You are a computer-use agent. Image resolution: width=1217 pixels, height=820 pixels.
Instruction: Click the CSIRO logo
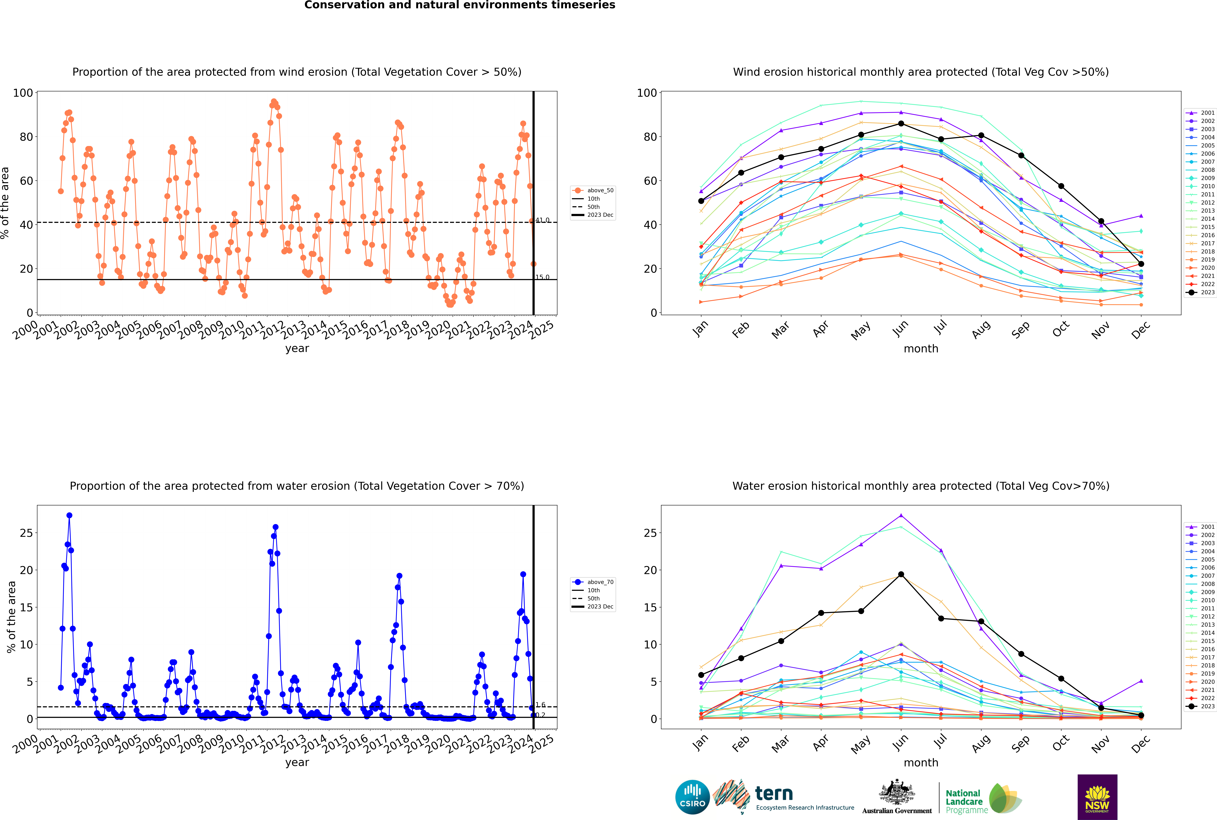click(x=692, y=797)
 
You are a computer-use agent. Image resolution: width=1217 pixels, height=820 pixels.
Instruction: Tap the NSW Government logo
click(x=1097, y=797)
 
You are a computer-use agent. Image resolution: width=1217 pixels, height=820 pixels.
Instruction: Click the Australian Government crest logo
click(x=897, y=796)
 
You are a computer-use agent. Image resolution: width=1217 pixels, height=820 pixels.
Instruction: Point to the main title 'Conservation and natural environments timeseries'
click(x=459, y=5)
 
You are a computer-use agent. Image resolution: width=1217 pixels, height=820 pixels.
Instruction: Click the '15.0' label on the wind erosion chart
click(x=542, y=277)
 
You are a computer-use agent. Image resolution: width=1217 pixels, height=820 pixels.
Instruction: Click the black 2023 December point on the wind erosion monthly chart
click(x=1141, y=264)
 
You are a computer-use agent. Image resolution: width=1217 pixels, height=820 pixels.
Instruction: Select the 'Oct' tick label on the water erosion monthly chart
click(x=1061, y=743)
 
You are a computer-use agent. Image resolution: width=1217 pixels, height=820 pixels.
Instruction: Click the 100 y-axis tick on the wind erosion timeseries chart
click(x=23, y=93)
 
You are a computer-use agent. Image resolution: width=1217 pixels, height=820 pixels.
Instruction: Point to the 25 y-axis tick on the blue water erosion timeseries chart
click(x=26, y=533)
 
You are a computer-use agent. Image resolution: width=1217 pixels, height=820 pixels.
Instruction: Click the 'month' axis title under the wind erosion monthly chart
click(x=921, y=349)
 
